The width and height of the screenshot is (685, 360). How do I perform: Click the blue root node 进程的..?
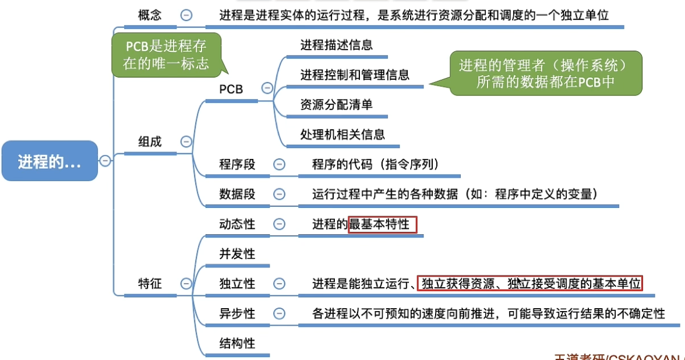(50, 161)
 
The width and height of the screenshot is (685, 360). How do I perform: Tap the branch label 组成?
(150, 142)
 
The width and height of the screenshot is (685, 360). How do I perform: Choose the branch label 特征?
(150, 284)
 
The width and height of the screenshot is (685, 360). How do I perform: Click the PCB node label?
(231, 89)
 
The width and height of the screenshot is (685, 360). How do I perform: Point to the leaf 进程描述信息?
(337, 45)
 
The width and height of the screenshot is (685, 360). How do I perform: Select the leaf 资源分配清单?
(337, 105)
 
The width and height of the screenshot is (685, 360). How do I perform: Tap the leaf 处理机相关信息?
(342, 135)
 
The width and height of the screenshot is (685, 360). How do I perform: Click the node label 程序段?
(237, 164)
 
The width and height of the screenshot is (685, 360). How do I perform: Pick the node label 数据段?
(237, 194)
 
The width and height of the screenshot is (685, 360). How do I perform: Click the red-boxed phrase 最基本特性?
(382, 224)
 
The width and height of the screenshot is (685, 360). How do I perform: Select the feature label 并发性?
(237, 254)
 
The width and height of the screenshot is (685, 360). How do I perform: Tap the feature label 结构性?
(237, 343)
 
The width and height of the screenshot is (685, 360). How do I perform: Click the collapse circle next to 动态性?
(280, 224)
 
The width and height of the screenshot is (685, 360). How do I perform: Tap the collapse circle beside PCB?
(267, 89)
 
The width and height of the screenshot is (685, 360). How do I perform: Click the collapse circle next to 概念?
(186, 16)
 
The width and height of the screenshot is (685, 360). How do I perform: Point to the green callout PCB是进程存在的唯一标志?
(166, 54)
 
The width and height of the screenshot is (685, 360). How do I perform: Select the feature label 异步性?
(237, 313)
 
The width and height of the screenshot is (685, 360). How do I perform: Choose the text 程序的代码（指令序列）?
(375, 164)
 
